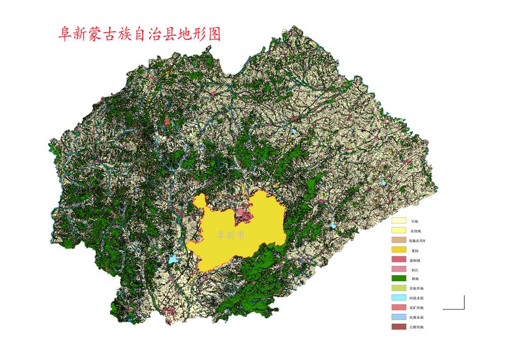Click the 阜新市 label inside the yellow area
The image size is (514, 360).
(231, 235)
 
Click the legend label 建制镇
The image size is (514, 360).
(415, 260)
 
